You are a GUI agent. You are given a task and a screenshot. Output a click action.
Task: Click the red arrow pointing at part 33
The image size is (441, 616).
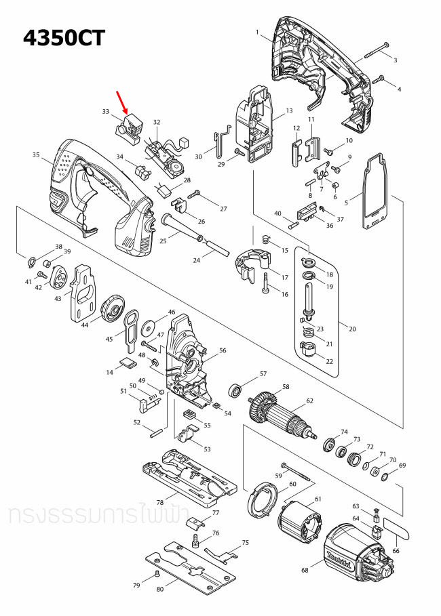click(x=123, y=104)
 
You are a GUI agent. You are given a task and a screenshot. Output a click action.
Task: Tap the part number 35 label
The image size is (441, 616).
click(x=36, y=155)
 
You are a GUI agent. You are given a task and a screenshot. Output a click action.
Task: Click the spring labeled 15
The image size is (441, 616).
click(x=266, y=240)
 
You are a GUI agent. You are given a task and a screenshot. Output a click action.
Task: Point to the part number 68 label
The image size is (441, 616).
click(x=305, y=571)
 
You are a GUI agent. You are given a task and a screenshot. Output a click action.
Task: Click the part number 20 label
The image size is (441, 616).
click(x=351, y=329)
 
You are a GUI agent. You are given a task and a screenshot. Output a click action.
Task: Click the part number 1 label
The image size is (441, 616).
click(x=257, y=32)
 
